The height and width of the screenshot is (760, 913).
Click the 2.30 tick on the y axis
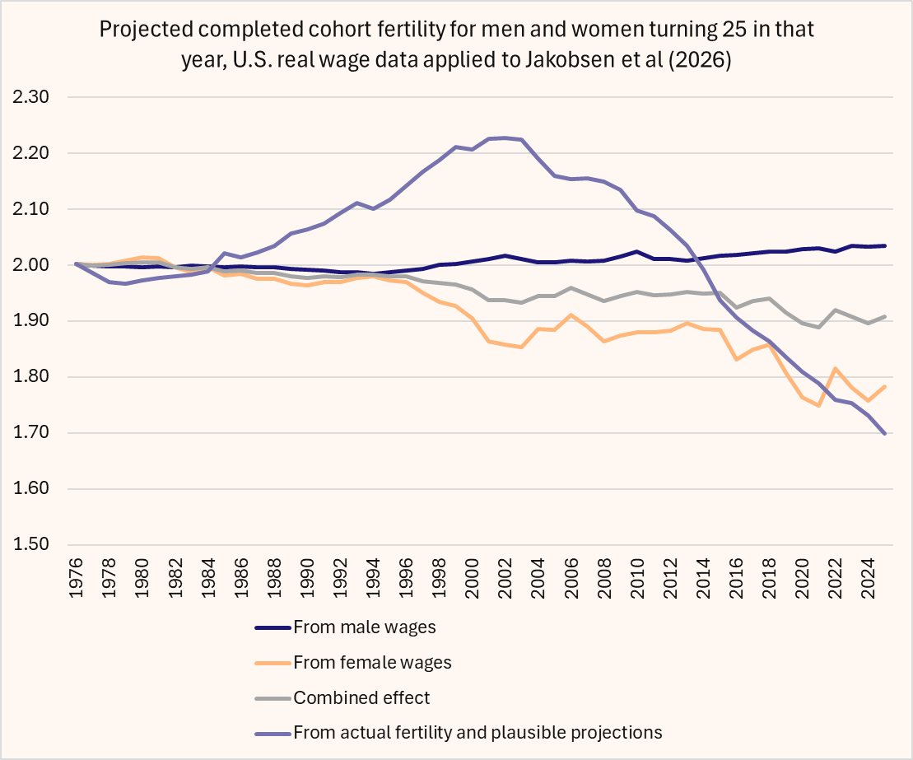coord(32,97)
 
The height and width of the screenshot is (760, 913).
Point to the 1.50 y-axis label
coord(32,545)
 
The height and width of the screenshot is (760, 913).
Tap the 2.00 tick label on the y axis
coord(32,265)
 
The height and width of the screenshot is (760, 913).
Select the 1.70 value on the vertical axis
coord(32,433)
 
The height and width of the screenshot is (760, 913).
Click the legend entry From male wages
coord(364,627)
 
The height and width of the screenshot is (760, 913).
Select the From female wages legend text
coord(372,661)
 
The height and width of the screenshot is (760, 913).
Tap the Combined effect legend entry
coord(361,697)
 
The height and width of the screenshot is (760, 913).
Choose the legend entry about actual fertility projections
coord(477,732)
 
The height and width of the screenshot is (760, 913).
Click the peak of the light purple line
coord(505,138)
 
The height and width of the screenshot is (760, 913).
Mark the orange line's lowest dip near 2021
coord(818,405)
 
